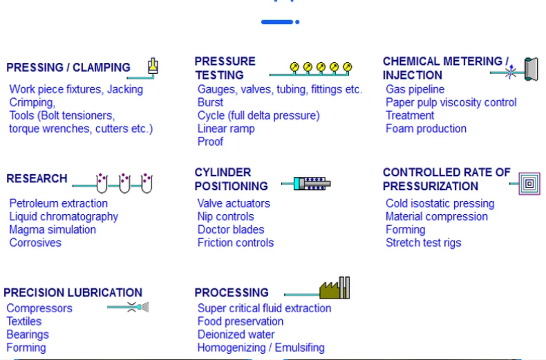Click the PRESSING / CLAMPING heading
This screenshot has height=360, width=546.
68,68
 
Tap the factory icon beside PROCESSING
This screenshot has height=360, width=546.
335,289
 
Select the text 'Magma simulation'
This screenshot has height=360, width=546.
53,229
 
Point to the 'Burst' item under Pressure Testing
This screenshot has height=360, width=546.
210,102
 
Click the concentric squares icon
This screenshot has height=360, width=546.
529,184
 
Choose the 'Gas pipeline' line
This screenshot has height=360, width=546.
415,89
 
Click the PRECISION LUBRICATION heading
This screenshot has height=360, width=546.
73,293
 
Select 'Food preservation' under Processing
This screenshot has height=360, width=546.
240,321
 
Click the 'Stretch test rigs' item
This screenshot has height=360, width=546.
423,243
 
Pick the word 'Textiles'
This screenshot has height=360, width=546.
24,321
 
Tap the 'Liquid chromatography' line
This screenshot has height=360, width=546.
64,216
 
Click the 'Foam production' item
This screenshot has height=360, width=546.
426,129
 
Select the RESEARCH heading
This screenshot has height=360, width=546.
37,178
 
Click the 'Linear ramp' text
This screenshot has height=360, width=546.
226,129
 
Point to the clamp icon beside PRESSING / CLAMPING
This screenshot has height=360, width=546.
153,67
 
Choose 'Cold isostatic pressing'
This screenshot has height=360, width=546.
440,203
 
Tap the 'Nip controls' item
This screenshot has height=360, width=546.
225,216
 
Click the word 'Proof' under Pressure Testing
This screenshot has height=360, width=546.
210,142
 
